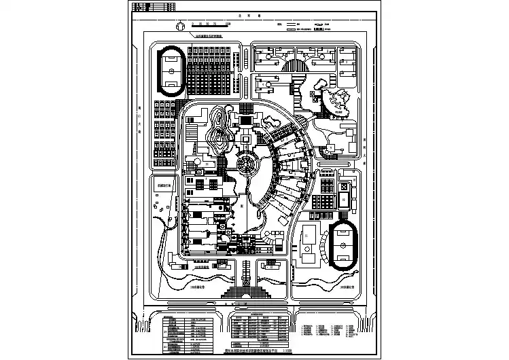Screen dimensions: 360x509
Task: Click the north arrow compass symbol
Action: (180, 25)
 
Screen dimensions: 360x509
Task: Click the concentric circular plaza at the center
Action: (246, 164)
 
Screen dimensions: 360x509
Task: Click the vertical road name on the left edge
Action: (139, 122)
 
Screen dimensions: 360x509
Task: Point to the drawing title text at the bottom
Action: (258, 351)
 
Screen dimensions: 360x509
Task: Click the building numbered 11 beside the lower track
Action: (307, 236)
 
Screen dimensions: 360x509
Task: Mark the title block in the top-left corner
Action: (152, 8)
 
